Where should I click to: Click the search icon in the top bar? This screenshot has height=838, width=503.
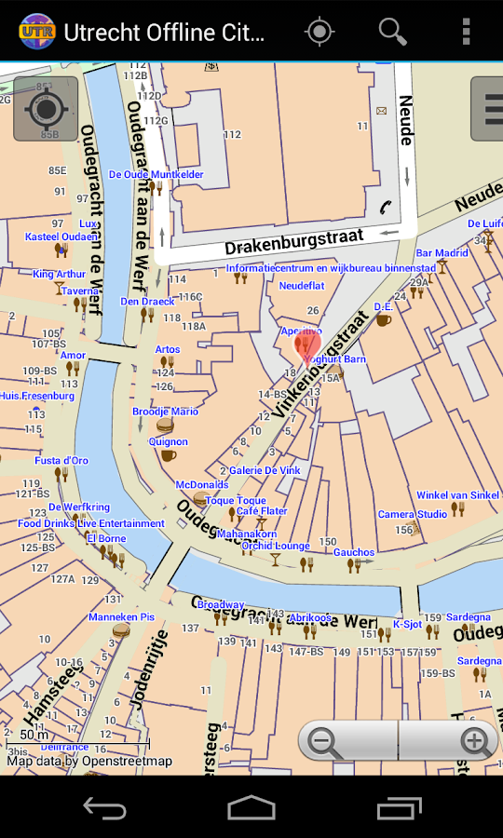coord(392,32)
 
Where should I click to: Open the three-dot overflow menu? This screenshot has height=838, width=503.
coord(466,32)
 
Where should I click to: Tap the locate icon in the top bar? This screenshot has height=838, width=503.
coord(319,32)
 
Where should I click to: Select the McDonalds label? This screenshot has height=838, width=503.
coord(202,484)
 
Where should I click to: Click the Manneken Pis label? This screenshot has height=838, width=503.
coord(121,617)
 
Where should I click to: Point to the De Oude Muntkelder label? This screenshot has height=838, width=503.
coord(156,174)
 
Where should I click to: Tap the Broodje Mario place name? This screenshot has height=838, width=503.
coord(165,412)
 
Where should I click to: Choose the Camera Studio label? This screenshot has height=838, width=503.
coord(412,514)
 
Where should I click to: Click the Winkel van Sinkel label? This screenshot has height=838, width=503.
coord(457,495)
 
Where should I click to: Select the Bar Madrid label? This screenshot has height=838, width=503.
coord(442,253)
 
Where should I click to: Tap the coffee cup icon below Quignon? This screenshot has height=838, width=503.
coord(168,455)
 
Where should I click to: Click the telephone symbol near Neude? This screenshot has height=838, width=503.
coord(385,208)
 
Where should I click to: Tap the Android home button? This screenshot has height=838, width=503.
coord(251,807)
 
